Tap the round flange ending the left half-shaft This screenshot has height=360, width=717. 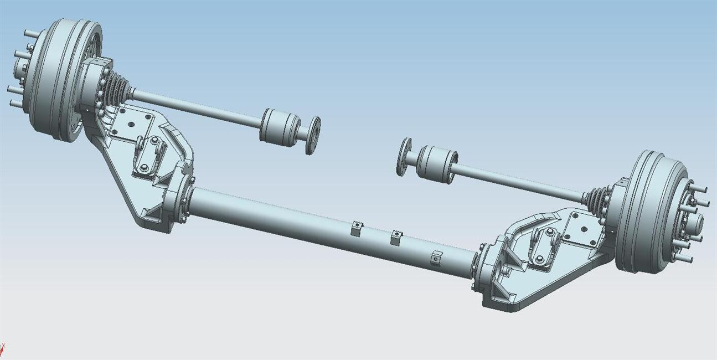tap(314, 135)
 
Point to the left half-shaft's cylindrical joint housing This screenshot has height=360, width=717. tap(280, 127)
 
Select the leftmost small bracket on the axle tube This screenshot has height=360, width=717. tap(357, 228)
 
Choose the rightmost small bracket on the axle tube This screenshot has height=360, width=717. tap(436, 258)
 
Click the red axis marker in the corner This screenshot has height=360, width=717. tap(2, 350)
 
